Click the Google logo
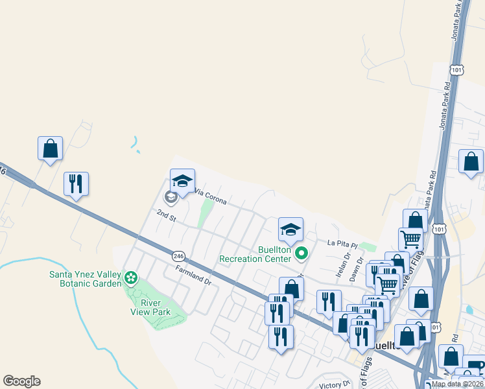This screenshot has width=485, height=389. point(21,381)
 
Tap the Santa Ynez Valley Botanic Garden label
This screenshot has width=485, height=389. point(86,278)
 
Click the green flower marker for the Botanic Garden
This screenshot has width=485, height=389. point(132,278)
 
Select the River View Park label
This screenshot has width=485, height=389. point(152,307)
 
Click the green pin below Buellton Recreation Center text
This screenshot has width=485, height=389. point(300,253)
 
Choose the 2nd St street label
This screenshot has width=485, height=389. point(167,215)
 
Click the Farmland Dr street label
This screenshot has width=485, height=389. point(193,275)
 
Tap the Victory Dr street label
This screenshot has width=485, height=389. point(335,385)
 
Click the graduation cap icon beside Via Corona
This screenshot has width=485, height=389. point(182,180)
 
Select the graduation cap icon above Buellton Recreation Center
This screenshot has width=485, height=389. point(290,228)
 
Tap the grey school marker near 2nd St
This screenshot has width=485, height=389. point(171,196)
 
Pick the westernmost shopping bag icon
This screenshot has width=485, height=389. point(50,148)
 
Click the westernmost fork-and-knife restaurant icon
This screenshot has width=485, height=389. point(76,183)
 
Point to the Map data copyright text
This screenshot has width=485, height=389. point(458,384)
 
